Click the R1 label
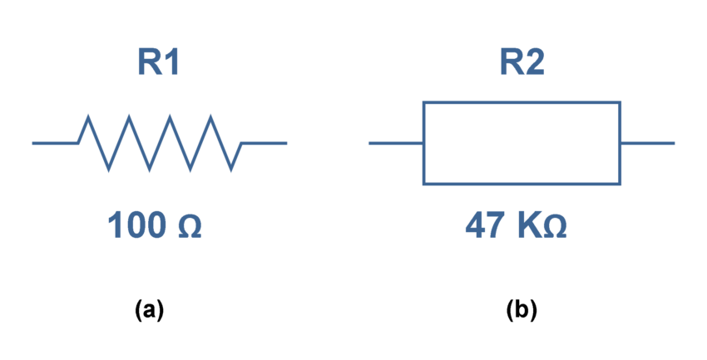[x=159, y=63]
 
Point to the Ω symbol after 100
[x=190, y=226]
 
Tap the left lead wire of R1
[x=55, y=143]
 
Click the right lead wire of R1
[x=264, y=143]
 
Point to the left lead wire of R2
[x=396, y=143]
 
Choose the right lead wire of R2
[x=647, y=143]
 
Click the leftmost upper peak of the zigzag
[x=88, y=118]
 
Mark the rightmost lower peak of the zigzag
[x=231, y=170]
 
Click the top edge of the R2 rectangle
[x=522, y=102]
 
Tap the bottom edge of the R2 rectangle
[x=522, y=183]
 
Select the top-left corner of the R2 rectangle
[x=424, y=102]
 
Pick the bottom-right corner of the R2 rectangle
[x=620, y=183]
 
